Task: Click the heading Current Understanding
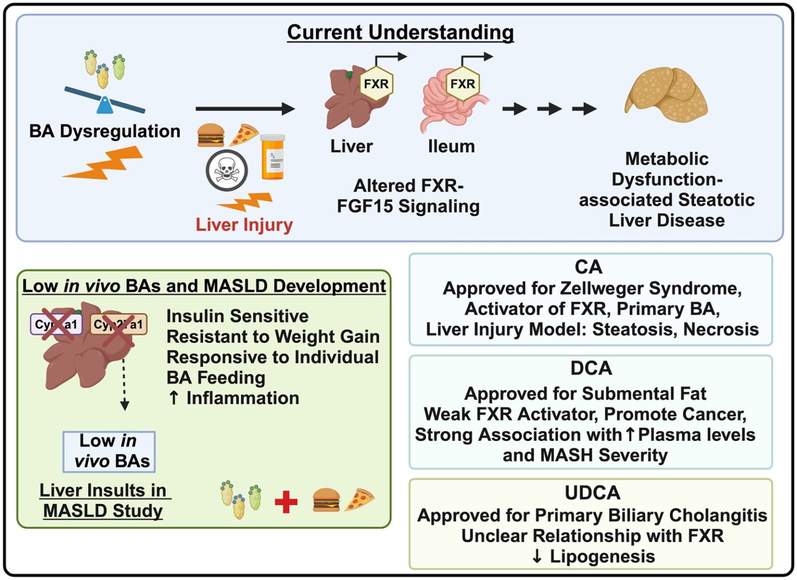400,32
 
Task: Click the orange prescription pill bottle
272,157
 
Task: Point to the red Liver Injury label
244,225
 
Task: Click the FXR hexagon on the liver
376,83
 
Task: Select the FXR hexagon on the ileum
462,83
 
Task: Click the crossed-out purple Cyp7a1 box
56,324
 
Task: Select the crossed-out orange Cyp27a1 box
119,325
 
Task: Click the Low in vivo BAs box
109,451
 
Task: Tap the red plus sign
286,502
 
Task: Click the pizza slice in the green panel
359,500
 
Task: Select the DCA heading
591,368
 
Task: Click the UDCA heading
592,492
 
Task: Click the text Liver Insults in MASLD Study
103,500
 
